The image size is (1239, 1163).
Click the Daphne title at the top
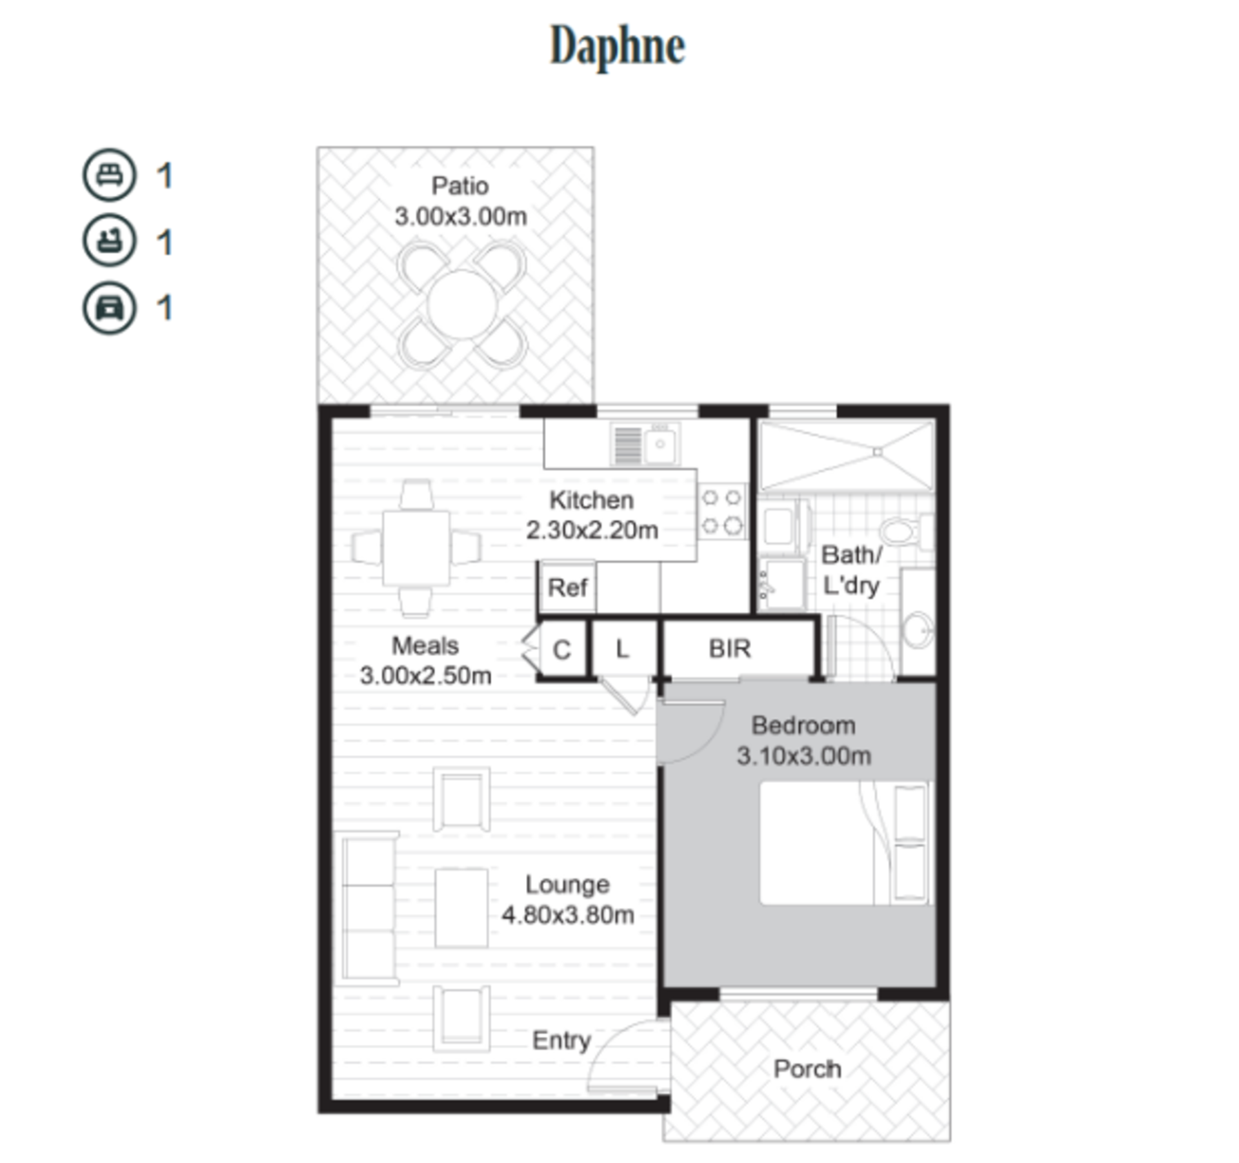pyautogui.click(x=617, y=46)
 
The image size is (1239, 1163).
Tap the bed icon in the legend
pyautogui.click(x=109, y=175)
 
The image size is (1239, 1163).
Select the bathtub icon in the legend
pyautogui.click(x=109, y=241)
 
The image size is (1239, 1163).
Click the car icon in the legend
pyautogui.click(x=109, y=308)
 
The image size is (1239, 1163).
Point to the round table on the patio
pyautogui.click(x=461, y=305)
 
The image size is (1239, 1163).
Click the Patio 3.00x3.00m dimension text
pyautogui.click(x=461, y=216)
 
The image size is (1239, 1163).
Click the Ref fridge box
pyautogui.click(x=567, y=587)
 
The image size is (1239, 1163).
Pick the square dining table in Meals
pyautogui.click(x=416, y=548)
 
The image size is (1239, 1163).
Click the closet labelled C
pyautogui.click(x=561, y=649)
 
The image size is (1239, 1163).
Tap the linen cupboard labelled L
pyautogui.click(x=623, y=649)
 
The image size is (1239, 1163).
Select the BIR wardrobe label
pyautogui.click(x=730, y=649)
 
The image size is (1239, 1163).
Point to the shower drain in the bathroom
pyautogui.click(x=878, y=452)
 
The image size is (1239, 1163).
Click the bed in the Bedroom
pyautogui.click(x=846, y=843)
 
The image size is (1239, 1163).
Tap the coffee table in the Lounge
pyautogui.click(x=461, y=908)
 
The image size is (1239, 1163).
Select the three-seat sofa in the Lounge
pyautogui.click(x=368, y=908)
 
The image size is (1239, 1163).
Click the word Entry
pyautogui.click(x=561, y=1040)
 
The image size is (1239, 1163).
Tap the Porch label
pyautogui.click(x=807, y=1069)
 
